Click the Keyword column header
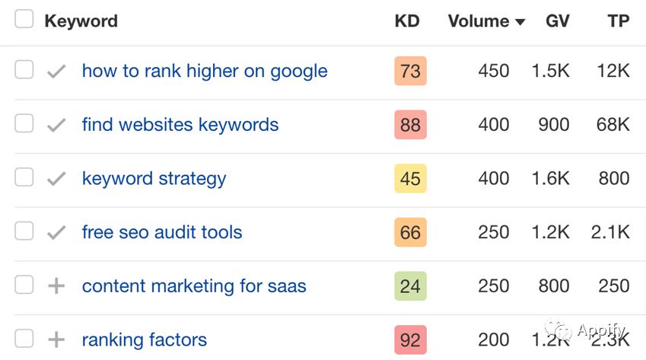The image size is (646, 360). click(x=81, y=21)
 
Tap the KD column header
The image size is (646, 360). click(x=407, y=21)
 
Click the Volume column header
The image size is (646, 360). click(x=478, y=21)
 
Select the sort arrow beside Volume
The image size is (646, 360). click(x=520, y=22)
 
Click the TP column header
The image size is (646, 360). click(x=618, y=21)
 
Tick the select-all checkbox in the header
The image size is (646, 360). click(x=24, y=20)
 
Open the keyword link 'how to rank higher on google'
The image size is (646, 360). click(x=205, y=71)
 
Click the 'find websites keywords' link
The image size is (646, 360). click(x=180, y=125)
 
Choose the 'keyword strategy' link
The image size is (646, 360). click(x=154, y=178)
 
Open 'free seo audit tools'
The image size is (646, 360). click(x=162, y=232)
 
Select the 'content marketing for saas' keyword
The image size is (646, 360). click(x=194, y=286)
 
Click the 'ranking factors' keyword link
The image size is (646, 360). click(x=145, y=339)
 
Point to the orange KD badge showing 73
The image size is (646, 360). click(x=410, y=71)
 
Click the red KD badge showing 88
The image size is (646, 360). click(x=410, y=125)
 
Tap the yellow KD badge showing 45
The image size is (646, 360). click(x=410, y=178)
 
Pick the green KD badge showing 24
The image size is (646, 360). click(x=410, y=286)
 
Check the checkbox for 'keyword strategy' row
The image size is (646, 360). click(x=24, y=177)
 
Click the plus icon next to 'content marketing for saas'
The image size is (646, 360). click(x=56, y=286)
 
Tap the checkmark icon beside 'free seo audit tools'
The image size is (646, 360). click(x=56, y=233)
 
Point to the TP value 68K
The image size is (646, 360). click(x=613, y=125)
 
